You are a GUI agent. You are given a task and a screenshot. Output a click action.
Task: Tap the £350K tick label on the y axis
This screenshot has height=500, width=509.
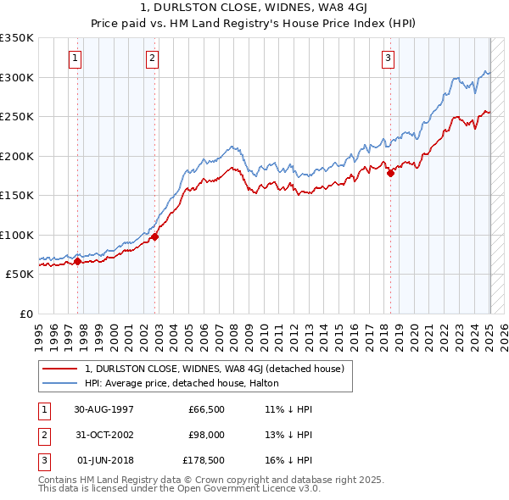pos(18,38)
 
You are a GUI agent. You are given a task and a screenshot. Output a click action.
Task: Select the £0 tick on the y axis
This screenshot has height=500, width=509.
pos(27,314)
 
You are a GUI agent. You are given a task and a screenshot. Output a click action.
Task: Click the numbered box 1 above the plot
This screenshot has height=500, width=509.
pos(76,58)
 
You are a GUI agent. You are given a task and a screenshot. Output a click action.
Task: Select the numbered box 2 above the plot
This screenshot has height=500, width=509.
pos(152,58)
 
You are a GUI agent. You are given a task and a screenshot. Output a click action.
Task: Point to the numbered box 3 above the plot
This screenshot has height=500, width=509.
pos(388,58)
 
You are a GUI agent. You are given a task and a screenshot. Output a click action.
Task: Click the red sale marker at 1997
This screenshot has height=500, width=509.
pos(78,261)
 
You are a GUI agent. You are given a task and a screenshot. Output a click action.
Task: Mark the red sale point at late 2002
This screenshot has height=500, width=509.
pos(155,237)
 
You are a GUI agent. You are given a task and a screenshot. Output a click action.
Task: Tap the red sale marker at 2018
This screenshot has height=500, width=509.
pos(391,174)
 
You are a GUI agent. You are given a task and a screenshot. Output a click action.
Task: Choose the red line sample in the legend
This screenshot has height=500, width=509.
pos(60,369)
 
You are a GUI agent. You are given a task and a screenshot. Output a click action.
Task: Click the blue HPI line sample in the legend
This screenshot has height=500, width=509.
pos(60,383)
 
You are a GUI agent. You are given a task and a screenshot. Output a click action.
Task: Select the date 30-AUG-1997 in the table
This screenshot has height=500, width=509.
pos(104,409)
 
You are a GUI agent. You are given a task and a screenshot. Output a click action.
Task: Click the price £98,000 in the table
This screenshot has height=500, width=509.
pos(204,435)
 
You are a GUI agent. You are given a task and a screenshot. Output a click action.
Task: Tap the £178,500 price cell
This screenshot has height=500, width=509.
pos(204,460)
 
